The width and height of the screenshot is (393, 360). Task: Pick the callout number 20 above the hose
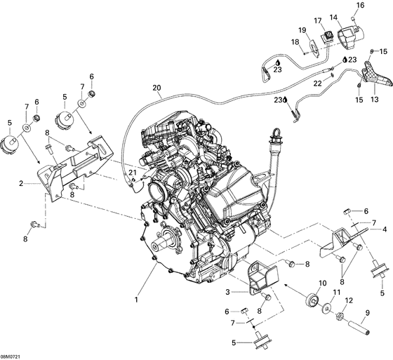click(157, 88)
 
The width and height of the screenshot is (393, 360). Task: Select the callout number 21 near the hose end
click(132, 173)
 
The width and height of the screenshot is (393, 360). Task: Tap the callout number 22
click(317, 84)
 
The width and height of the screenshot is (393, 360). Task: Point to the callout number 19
click(302, 30)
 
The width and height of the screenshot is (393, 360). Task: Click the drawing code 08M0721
click(14, 354)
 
